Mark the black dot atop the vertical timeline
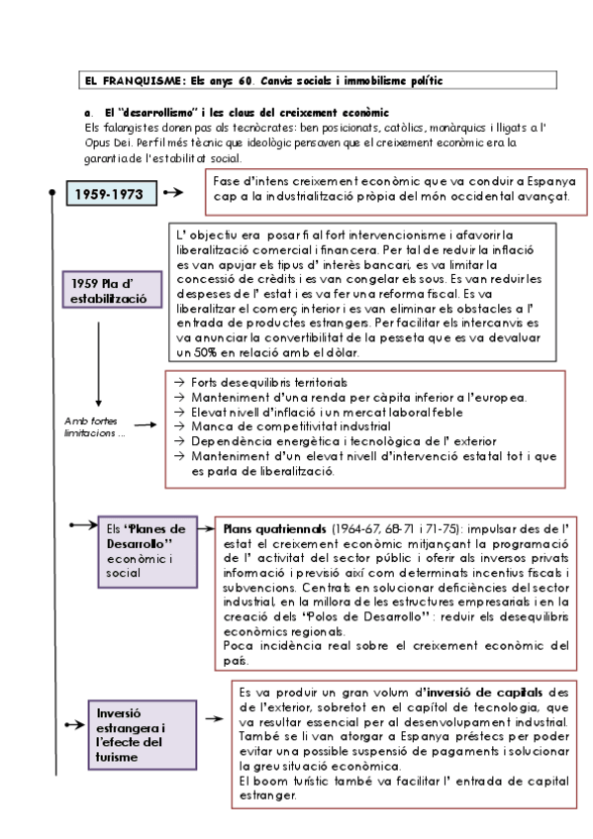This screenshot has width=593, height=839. click(x=52, y=195)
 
